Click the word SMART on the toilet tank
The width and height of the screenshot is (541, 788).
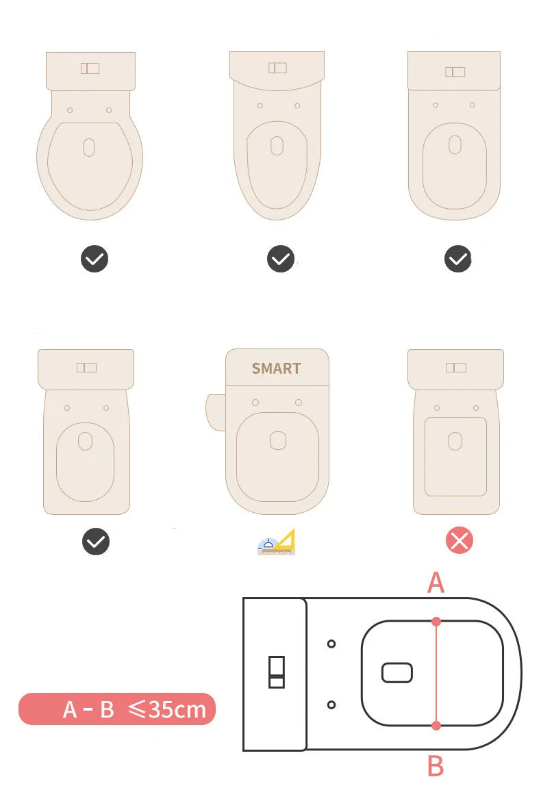pyautogui.click(x=276, y=368)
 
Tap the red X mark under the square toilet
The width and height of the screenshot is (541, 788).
pyautogui.click(x=460, y=541)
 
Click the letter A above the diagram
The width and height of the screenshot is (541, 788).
pyautogui.click(x=436, y=583)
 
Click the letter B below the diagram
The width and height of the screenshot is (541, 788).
pyautogui.click(x=436, y=766)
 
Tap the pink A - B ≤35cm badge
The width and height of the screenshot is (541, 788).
pyautogui.click(x=117, y=709)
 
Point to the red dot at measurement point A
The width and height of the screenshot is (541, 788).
pyautogui.click(x=436, y=621)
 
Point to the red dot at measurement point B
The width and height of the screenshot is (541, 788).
pyautogui.click(x=436, y=725)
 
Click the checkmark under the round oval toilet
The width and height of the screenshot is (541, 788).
pyautogui.click(x=95, y=259)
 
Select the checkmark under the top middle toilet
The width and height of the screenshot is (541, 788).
pyautogui.click(x=280, y=259)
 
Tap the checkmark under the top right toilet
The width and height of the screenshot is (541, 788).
pyautogui.click(x=458, y=259)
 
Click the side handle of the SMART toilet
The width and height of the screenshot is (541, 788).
pyautogui.click(x=215, y=411)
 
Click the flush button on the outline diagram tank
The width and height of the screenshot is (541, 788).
pyautogui.click(x=276, y=672)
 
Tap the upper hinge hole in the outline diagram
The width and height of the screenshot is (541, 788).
pyautogui.click(x=331, y=644)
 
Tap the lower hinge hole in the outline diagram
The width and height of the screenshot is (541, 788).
pyautogui.click(x=331, y=704)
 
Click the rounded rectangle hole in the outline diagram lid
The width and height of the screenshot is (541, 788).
pyautogui.click(x=397, y=673)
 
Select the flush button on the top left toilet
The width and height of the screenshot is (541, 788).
pyautogui.click(x=90, y=68)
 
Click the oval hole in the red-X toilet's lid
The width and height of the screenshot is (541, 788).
pyautogui.click(x=455, y=441)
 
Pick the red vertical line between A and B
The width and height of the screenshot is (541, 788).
pyautogui.click(x=436, y=673)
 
